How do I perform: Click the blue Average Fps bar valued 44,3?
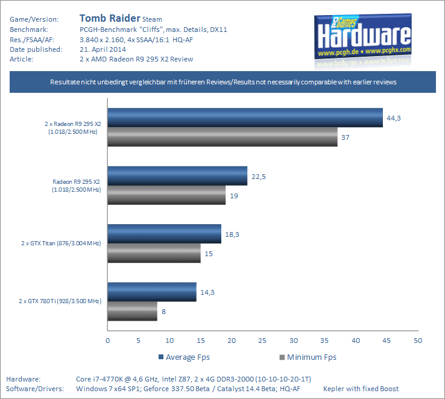[x=245, y=118]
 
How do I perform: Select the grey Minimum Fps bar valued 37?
[x=222, y=137]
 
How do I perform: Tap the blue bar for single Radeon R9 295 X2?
[x=177, y=176]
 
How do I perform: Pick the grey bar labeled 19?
[x=166, y=195]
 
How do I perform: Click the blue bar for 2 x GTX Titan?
[x=164, y=234]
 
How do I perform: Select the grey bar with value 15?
[x=154, y=253]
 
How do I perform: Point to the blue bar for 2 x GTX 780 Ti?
[x=152, y=292]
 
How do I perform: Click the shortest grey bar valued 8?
[x=132, y=311]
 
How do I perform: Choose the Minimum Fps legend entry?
[x=308, y=357]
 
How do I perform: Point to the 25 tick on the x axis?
[x=262, y=341]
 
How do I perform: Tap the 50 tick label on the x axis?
[x=417, y=341]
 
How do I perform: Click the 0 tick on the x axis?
[x=107, y=341]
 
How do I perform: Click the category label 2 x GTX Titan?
[x=60, y=243]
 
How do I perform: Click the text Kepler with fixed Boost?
[x=361, y=389]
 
